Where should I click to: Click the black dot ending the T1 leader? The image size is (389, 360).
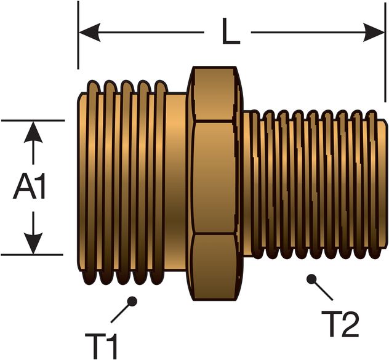131,301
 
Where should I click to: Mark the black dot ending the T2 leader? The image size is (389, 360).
311,279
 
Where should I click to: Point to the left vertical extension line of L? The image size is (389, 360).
78,37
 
